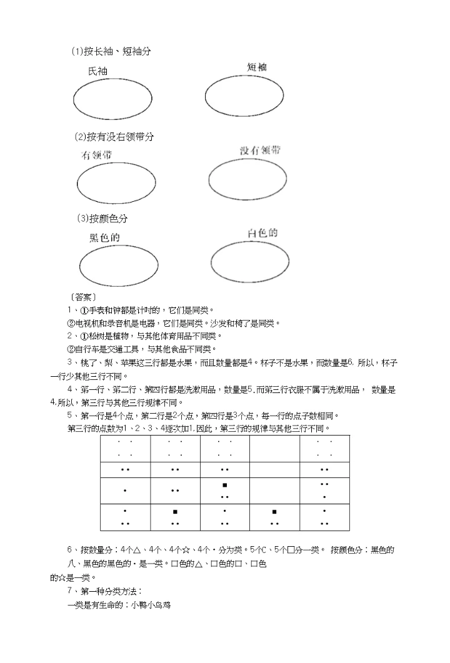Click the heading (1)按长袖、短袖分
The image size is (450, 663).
click(111, 51)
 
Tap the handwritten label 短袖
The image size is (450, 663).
click(256, 67)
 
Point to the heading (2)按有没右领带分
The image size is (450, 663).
click(113, 136)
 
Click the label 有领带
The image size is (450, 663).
click(96, 154)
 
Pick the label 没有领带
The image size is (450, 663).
click(260, 151)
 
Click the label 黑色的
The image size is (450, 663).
click(104, 237)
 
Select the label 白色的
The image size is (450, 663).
click(262, 233)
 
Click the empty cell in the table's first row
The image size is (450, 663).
click(274, 449)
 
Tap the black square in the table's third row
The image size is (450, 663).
click(224, 485)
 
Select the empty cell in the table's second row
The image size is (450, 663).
click(274, 469)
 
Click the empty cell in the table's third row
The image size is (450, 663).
click(274, 491)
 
